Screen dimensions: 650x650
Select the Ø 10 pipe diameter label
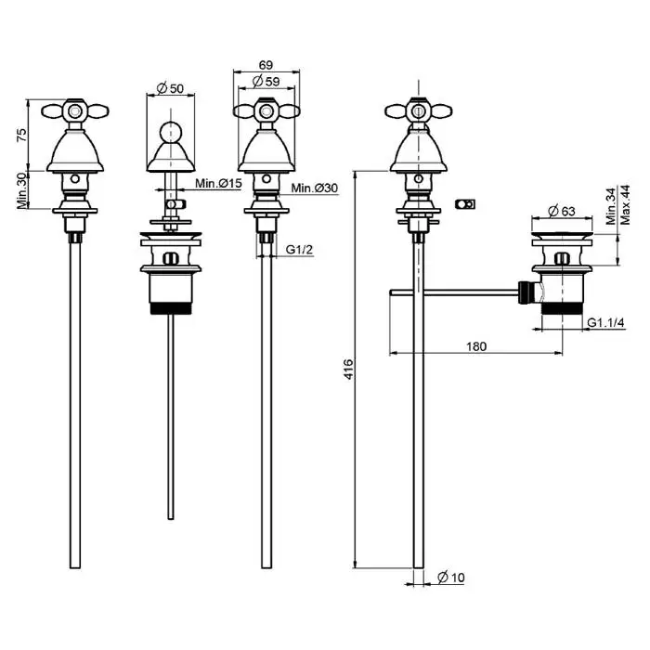click(x=451, y=578)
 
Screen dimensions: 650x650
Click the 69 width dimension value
click(x=266, y=65)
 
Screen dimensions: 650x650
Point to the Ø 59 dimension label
click(x=266, y=81)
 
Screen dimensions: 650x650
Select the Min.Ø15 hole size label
click(x=218, y=184)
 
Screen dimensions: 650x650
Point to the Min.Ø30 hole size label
click(x=313, y=188)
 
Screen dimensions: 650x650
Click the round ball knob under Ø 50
click(x=171, y=130)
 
